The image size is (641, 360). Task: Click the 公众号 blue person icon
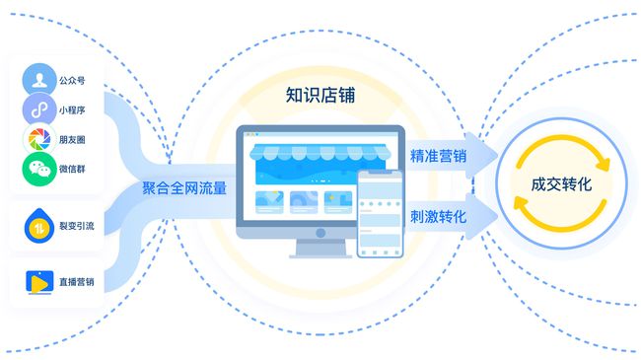(39, 80)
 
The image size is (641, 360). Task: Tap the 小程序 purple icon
(39, 109)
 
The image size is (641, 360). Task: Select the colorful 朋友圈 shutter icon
(39, 139)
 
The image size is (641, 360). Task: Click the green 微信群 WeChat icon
(39, 169)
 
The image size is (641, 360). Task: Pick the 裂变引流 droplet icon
(39, 226)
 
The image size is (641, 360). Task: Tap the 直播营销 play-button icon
(39, 282)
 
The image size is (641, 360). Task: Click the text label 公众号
(72, 80)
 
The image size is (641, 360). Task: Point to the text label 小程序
(72, 109)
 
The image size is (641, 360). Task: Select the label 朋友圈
(72, 139)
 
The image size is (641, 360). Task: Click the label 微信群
(72, 169)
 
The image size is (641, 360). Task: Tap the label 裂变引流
(77, 226)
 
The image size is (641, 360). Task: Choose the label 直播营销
(77, 282)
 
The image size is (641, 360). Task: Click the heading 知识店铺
(320, 95)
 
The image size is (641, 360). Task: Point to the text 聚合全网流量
(184, 188)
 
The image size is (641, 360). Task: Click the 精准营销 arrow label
(438, 156)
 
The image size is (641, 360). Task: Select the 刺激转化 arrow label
(438, 216)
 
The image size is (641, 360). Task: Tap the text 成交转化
(561, 184)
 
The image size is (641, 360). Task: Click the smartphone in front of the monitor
(381, 214)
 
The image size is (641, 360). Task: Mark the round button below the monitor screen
(320, 233)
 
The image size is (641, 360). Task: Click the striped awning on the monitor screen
(320, 152)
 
